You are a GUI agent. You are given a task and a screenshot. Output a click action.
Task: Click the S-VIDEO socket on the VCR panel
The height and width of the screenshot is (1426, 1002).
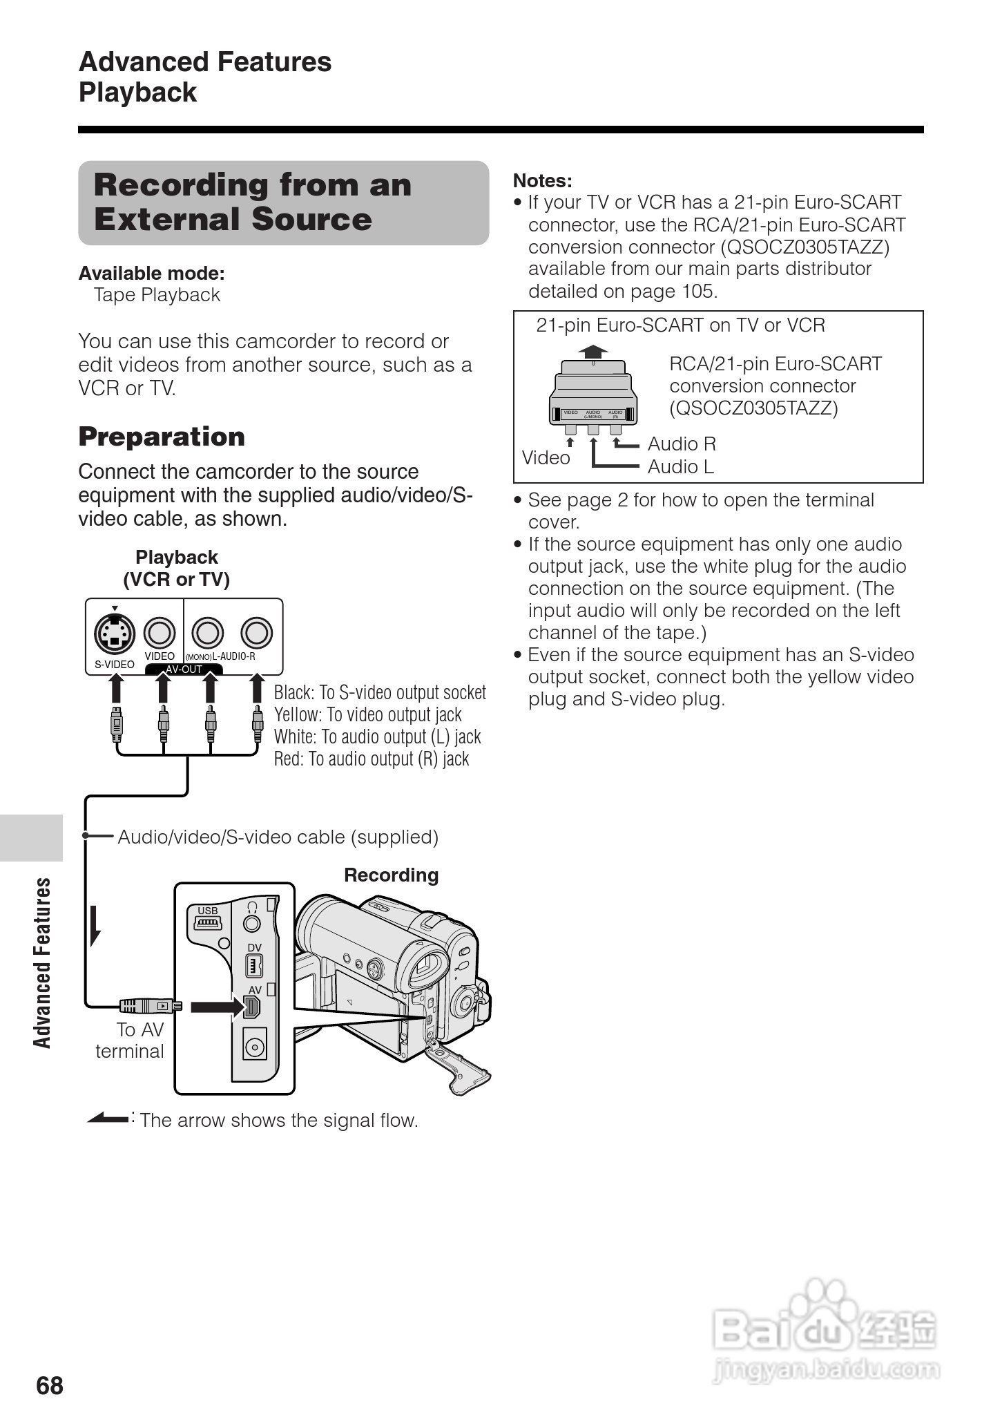(x=115, y=633)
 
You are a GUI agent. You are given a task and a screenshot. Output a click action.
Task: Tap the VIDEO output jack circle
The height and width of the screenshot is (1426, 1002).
(x=160, y=632)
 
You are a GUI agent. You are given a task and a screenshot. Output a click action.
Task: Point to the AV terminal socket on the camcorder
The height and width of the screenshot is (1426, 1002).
(x=253, y=1007)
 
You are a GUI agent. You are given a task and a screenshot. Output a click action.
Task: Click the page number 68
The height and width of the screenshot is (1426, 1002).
(x=50, y=1386)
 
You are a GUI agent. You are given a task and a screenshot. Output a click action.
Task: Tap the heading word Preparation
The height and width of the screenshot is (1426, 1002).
(x=162, y=437)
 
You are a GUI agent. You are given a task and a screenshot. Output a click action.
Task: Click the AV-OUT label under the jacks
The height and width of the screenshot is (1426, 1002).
(x=184, y=669)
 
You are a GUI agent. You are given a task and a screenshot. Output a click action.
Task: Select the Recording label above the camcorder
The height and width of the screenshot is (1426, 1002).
(x=391, y=875)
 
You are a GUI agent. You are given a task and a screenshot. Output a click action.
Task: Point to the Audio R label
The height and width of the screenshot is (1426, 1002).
(x=682, y=444)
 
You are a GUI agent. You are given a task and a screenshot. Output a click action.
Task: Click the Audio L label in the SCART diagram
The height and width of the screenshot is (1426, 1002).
(x=680, y=467)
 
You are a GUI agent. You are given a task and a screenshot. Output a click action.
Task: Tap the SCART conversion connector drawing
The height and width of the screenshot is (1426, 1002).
(x=593, y=394)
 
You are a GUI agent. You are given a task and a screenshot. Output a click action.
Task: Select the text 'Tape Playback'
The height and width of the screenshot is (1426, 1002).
(x=157, y=295)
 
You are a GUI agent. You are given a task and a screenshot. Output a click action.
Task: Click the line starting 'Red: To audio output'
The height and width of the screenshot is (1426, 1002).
(x=372, y=759)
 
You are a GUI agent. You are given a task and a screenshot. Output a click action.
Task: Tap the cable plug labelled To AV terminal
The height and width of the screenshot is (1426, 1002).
(x=149, y=1006)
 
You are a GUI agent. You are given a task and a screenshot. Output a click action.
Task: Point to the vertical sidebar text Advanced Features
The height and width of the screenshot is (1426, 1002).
(x=43, y=962)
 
